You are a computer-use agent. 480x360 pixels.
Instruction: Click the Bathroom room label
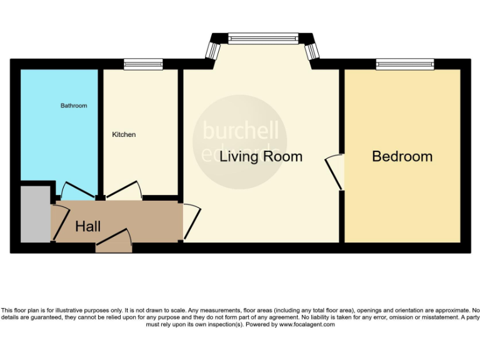click(x=74, y=106)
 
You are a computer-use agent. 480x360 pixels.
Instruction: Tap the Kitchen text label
click(x=124, y=134)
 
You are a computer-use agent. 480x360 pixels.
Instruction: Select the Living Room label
click(x=261, y=156)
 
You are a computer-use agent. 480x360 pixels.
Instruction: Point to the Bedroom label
click(x=402, y=156)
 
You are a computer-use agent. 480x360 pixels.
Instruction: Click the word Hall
click(x=87, y=226)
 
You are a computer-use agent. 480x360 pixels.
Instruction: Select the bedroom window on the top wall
click(x=404, y=63)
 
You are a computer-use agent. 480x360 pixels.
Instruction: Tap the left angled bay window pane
click(x=214, y=49)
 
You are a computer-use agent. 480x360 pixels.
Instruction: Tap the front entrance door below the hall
click(x=114, y=242)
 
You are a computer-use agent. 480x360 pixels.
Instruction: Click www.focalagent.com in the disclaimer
click(x=307, y=324)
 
